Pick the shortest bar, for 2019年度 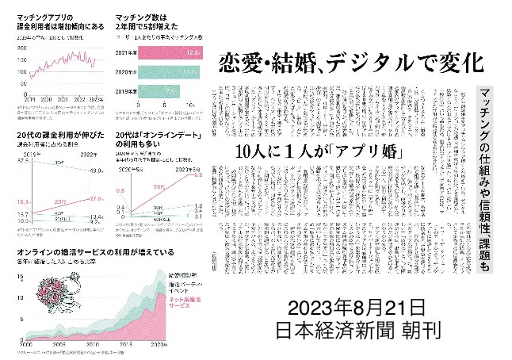pyautogui.click(x=157, y=91)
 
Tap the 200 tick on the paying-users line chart pyautogui.click(x=20, y=49)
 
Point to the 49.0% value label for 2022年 pyautogui.click(x=96, y=171)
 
